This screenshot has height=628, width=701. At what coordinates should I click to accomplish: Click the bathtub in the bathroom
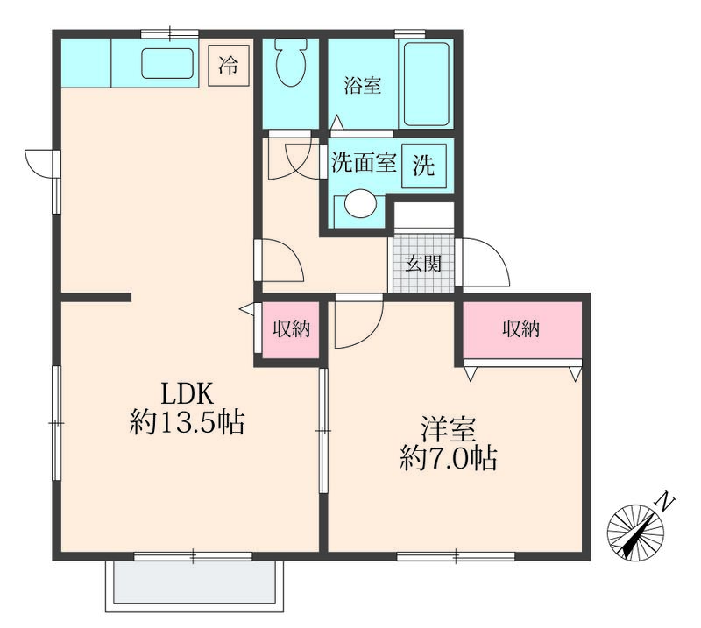click(425, 83)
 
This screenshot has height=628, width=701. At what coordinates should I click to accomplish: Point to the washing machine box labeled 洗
click(424, 166)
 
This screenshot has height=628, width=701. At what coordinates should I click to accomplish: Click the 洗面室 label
click(364, 164)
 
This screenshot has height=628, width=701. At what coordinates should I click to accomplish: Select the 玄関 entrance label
click(422, 263)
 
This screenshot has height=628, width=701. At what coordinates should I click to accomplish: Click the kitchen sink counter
click(167, 64)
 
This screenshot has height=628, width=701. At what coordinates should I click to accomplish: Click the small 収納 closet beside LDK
click(289, 330)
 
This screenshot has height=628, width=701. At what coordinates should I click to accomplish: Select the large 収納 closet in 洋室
click(520, 330)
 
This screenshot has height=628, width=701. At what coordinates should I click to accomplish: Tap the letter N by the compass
click(667, 502)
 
